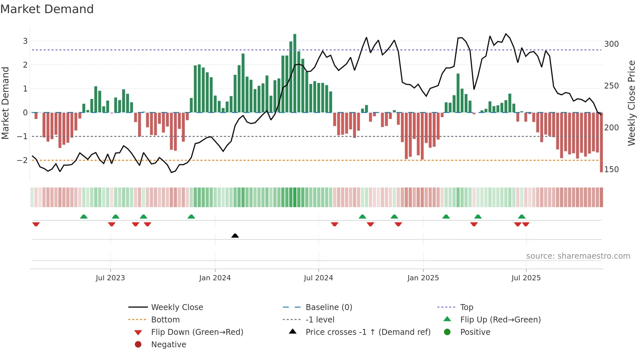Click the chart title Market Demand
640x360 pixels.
point(47,9)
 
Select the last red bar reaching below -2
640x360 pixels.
point(601,142)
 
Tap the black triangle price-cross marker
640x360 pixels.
point(235,236)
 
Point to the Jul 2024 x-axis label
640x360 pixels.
point(318,278)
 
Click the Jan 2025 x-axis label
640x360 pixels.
point(423,278)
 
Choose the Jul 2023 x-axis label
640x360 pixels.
point(110,278)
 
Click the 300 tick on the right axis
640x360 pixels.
point(611,44)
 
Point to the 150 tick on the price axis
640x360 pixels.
point(611,170)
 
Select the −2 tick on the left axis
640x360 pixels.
point(22,160)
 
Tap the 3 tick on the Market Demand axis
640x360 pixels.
point(25,41)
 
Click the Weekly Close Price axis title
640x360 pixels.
point(631,103)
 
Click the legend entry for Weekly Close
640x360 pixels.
point(177,307)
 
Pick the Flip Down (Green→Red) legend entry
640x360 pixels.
point(197,332)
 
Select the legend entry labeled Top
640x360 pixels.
point(466,307)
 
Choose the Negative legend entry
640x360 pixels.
point(168,345)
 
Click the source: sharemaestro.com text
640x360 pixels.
point(578,256)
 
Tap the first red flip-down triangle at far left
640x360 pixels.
point(36,224)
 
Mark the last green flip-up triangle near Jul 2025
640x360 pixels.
point(521,217)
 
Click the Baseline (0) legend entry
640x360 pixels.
point(328,307)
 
